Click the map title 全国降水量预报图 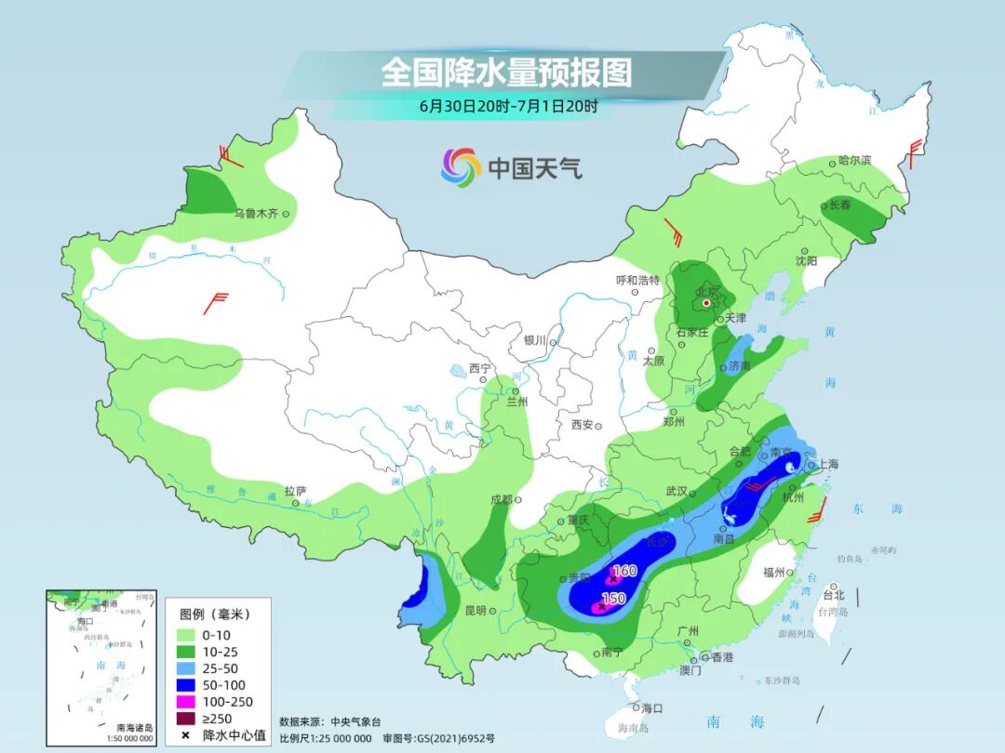coord(506,72)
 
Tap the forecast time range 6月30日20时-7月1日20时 coord(508,106)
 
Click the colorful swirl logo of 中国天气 coord(461,166)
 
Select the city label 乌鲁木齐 coord(256,214)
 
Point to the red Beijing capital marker coord(706,303)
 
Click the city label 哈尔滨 coord(854,161)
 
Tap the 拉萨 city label coord(295,491)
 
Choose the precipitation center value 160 coord(625,570)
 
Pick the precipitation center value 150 coord(613,599)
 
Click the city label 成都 coord(501,499)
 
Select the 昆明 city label coord(476,611)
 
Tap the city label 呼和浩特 coord(637,280)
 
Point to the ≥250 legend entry coord(219,719)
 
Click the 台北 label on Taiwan coord(833,594)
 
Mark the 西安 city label coord(583,425)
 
